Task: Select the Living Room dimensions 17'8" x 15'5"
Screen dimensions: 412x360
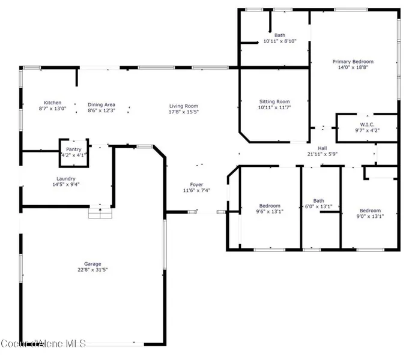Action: coord(184,112)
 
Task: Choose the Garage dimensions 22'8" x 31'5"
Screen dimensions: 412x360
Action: coord(92,269)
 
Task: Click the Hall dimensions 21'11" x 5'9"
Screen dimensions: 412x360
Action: coord(323,154)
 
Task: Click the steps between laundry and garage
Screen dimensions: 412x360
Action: coord(100,213)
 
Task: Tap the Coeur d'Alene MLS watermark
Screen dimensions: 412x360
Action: coord(43,344)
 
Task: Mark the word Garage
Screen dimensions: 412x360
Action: coord(92,264)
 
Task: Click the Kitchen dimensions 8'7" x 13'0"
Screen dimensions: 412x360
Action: coord(53,109)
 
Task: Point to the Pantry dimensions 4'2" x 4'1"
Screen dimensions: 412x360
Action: coord(73,155)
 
